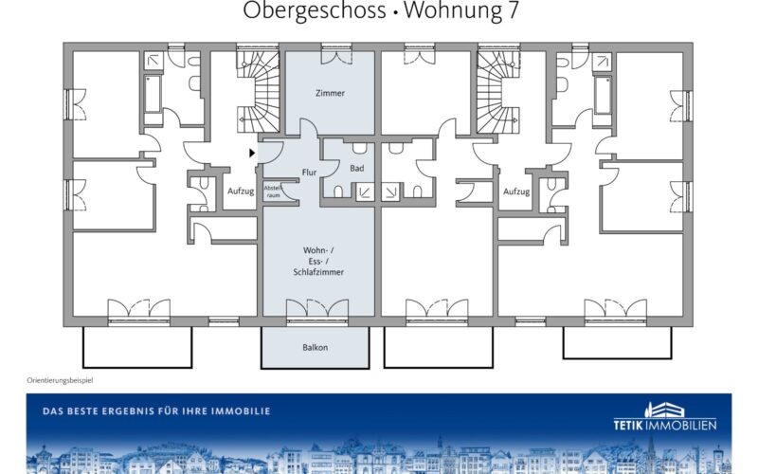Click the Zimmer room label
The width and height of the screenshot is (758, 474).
coord(330,93)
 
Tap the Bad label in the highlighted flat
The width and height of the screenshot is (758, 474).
coord(357,169)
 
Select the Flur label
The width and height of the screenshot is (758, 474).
coord(309,173)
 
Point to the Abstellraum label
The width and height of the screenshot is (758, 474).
coord(273,191)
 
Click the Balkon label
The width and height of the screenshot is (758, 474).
coord(316,347)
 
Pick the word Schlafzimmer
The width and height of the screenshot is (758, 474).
coord(318,272)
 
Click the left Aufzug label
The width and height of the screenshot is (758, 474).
coord(241,191)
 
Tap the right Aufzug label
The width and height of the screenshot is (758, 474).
coord(516,191)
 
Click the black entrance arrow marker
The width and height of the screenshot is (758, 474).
coord(252,153)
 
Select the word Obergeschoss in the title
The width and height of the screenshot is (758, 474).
coord(315,10)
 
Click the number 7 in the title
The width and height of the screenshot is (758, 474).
coord(513,10)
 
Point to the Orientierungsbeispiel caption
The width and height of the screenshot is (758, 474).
coord(60,380)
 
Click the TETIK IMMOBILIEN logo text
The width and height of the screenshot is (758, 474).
coord(665,425)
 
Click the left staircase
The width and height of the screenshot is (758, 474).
coord(258,92)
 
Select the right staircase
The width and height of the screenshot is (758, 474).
coord(499,92)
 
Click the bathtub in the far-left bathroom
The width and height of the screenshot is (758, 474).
coord(153,94)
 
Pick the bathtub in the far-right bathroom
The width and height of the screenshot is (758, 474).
coord(603,95)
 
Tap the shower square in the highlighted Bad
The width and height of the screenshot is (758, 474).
coord(365,191)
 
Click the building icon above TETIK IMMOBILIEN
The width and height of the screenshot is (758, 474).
coord(665,410)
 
